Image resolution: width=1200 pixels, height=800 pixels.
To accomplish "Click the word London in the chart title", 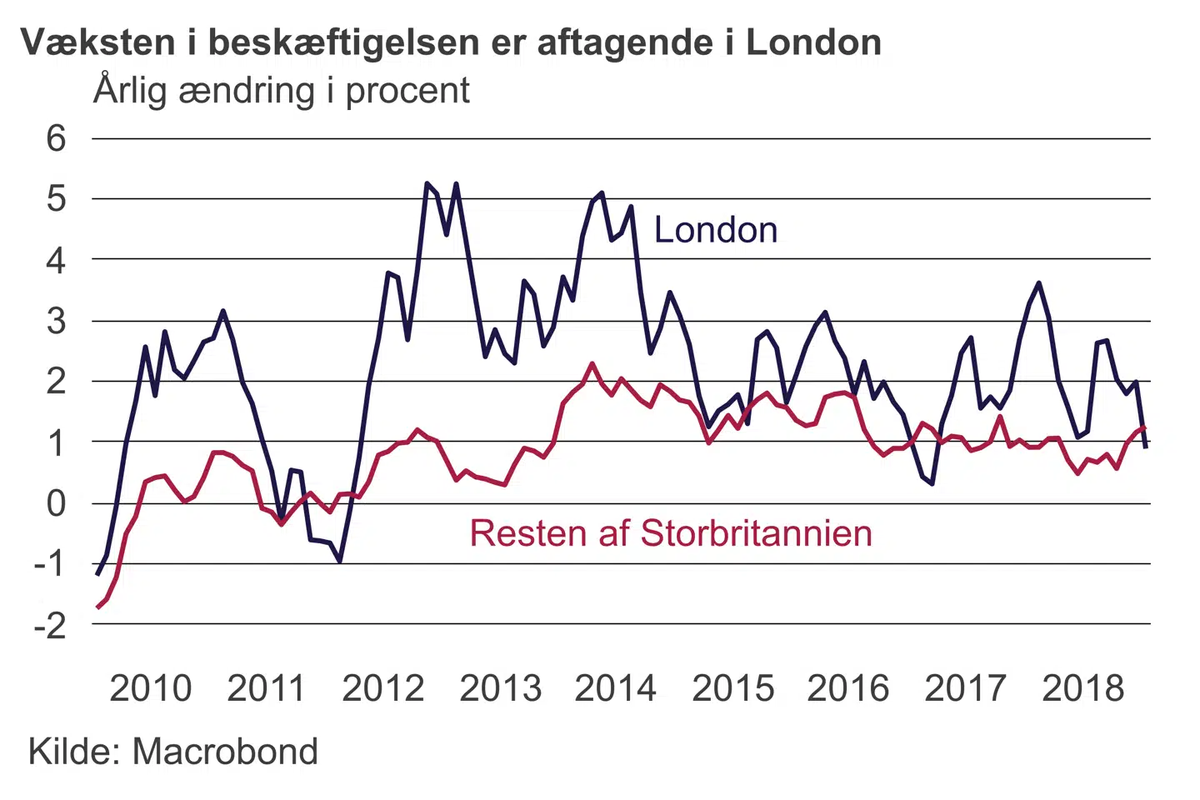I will (813, 42).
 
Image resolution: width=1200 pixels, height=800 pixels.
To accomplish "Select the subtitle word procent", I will (407, 91).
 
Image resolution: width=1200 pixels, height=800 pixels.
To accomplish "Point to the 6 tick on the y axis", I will (56, 138).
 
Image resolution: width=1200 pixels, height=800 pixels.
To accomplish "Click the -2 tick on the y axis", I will (50, 625).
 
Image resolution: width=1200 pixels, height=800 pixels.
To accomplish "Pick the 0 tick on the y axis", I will (56, 503).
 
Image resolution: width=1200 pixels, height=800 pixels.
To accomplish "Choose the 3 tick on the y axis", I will (56, 321).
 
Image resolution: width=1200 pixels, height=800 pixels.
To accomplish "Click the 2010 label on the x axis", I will (151, 688).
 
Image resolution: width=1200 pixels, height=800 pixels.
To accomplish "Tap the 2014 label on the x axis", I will (616, 688).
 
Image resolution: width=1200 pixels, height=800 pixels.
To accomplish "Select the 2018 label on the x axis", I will (1082, 688).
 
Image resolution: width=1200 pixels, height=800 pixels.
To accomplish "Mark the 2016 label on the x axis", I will (848, 688).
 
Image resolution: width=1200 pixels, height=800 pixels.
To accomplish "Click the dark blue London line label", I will (716, 230).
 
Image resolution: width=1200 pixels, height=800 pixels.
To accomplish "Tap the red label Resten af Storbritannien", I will (671, 533).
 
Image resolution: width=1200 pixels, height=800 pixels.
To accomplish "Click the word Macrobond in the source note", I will (225, 752).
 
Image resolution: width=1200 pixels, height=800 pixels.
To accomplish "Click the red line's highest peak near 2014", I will (592, 363).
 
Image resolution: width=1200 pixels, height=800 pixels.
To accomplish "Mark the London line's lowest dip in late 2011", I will (340, 561).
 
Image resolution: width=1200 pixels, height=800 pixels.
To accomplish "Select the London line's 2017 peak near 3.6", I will (1038, 283).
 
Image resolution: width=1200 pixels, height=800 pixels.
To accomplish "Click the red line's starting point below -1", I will (97, 607).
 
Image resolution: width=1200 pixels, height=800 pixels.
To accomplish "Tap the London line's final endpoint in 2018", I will (1146, 447).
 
